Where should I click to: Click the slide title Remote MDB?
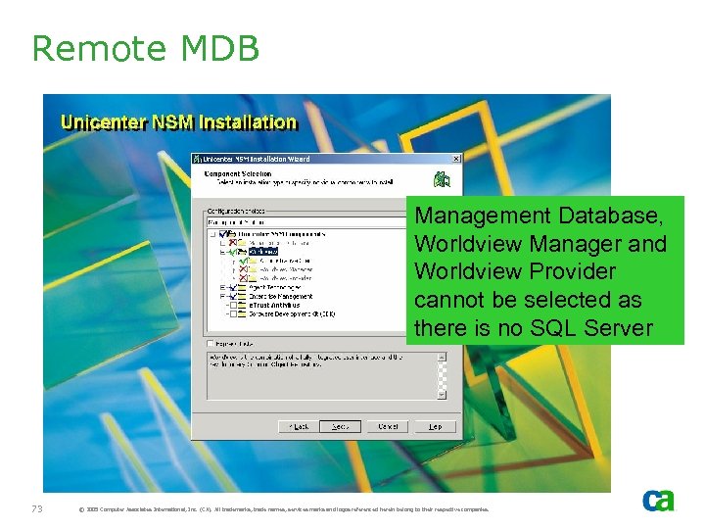click(145, 47)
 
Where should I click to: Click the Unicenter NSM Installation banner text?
click(178, 122)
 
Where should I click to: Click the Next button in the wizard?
click(341, 426)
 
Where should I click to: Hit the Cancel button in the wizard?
click(389, 426)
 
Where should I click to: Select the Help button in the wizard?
click(436, 426)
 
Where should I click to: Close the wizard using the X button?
click(454, 157)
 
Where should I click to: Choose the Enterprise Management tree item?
click(281, 295)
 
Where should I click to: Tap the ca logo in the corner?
click(658, 500)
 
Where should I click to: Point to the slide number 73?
click(37, 508)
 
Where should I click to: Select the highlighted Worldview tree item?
click(263, 251)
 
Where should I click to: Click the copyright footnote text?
click(284, 509)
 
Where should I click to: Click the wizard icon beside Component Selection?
click(444, 179)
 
